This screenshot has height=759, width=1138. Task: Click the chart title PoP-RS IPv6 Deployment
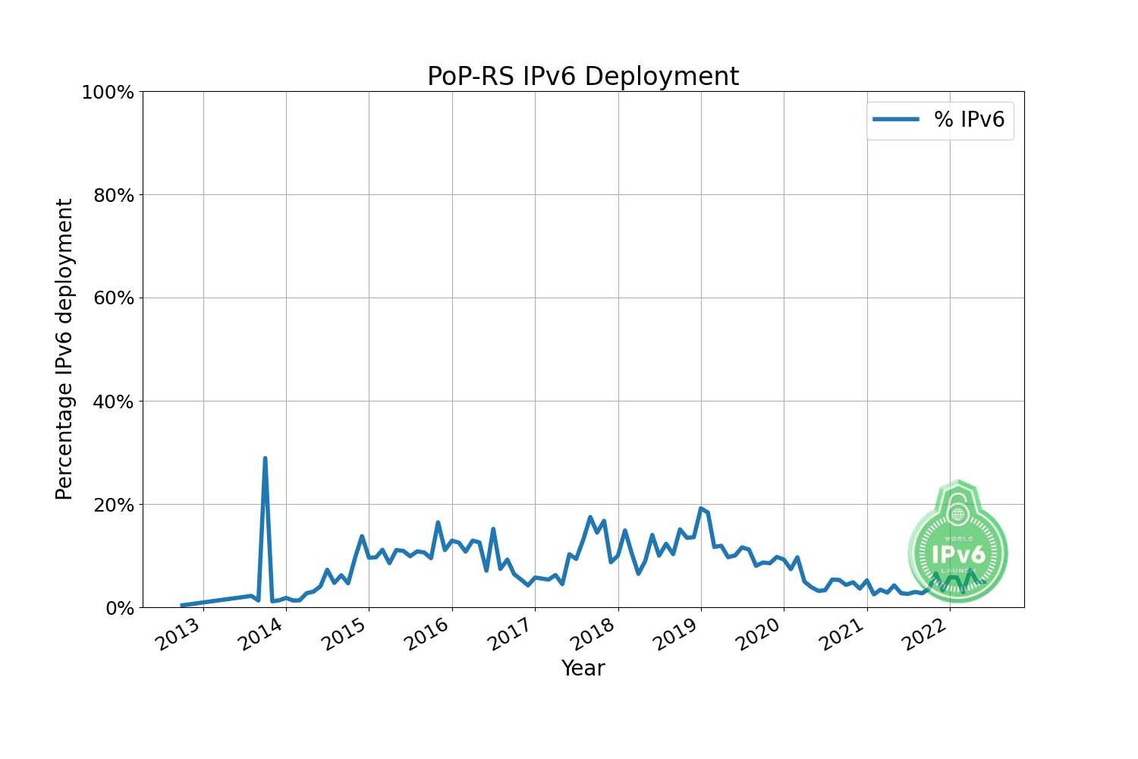[x=583, y=77]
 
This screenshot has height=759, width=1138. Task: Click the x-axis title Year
[x=583, y=669]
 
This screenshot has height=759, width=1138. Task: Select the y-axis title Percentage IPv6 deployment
[x=64, y=349]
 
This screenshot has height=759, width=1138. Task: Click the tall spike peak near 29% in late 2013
[x=265, y=458]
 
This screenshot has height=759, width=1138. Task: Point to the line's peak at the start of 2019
[x=701, y=509]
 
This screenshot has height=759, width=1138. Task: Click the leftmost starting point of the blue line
[x=181, y=605]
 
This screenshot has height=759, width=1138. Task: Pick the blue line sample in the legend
[x=896, y=119]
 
